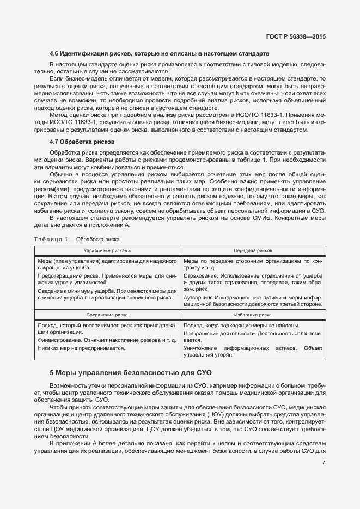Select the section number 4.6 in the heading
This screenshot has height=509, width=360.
[54, 54]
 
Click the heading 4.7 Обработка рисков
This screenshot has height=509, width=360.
[79, 141]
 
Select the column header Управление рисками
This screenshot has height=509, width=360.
[107, 250]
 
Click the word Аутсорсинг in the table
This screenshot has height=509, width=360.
[198, 298]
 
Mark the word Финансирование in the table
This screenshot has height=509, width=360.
[59, 340]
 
